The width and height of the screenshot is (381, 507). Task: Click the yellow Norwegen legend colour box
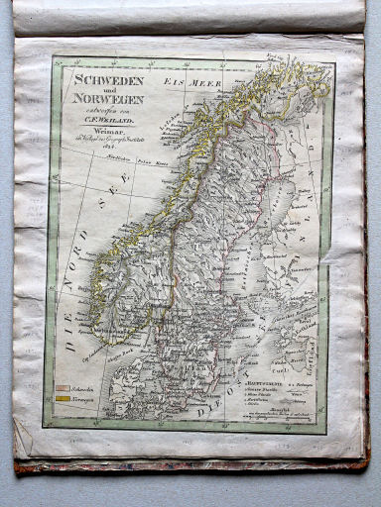[x=63, y=399]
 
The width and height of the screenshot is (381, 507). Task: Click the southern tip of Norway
[x=122, y=333]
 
